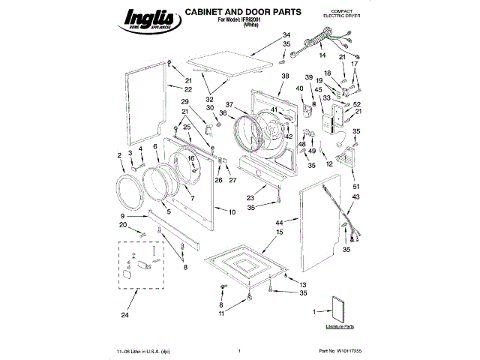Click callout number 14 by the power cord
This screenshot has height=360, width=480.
[322, 56]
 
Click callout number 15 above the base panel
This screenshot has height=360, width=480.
[280, 233]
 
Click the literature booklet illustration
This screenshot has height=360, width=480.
[338, 308]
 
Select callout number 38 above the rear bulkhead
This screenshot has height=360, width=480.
[285, 77]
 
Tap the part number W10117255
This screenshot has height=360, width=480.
[345, 350]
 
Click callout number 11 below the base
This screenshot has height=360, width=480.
[222, 313]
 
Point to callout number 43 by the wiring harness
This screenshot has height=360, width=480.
[356, 197]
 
